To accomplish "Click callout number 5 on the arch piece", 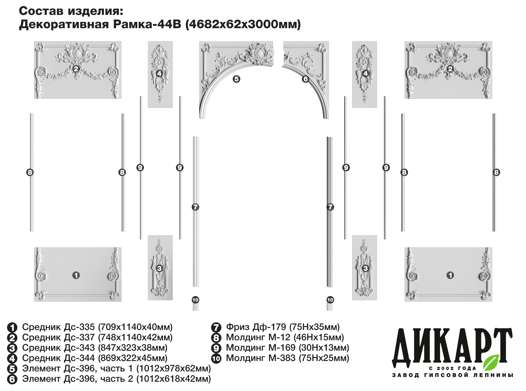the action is click(x=236, y=79).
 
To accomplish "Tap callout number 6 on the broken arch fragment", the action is click(x=305, y=79).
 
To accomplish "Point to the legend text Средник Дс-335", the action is click(x=58, y=327).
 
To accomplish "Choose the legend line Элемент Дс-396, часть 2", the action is click(x=78, y=379).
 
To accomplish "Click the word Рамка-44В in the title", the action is click(x=147, y=24).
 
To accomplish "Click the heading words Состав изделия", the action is click(x=71, y=11).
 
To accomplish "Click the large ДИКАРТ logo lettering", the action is click(x=451, y=348).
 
